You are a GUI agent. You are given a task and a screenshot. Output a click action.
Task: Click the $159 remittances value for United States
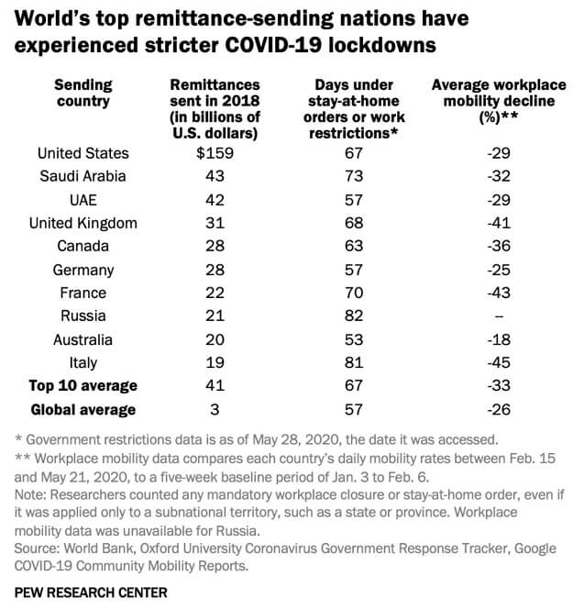click(x=215, y=153)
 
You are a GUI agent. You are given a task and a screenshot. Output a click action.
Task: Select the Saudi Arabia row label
click(x=82, y=176)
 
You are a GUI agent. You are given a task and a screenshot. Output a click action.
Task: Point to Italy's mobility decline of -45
click(x=498, y=363)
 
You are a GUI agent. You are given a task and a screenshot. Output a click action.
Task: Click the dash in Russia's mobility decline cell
click(x=498, y=316)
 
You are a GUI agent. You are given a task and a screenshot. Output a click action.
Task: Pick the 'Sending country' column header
click(x=83, y=94)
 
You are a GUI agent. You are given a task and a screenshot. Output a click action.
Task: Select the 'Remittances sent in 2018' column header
click(x=215, y=109)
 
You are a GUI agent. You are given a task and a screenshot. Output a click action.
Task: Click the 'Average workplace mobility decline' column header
click(x=498, y=101)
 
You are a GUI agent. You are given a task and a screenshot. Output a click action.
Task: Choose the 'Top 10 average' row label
click(x=83, y=386)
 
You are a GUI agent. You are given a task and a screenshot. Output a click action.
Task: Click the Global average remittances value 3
click(x=215, y=410)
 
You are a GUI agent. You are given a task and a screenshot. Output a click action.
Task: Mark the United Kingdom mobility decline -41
click(x=498, y=223)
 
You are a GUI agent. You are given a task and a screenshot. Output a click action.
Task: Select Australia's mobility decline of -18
click(x=498, y=339)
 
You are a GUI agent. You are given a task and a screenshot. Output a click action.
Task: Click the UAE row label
click(x=82, y=200)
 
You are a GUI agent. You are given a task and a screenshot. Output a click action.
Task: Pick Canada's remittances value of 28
click(x=215, y=246)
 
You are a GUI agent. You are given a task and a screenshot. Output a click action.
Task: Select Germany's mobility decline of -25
click(x=498, y=270)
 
